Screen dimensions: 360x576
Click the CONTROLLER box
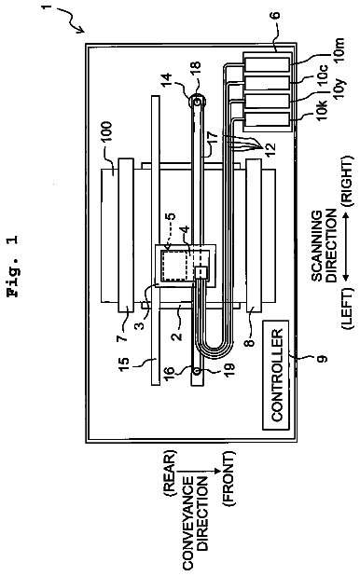(276, 375)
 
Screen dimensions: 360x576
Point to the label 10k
(322, 109)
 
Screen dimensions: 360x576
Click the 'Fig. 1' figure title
(14, 267)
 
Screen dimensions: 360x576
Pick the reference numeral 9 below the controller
(323, 358)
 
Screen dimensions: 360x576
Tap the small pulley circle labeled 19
(197, 371)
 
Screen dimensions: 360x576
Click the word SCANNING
(317, 246)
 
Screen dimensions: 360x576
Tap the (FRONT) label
(228, 476)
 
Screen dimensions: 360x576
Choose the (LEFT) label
(347, 309)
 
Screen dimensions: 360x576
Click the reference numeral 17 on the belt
(214, 140)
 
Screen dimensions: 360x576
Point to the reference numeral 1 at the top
(46, 7)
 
